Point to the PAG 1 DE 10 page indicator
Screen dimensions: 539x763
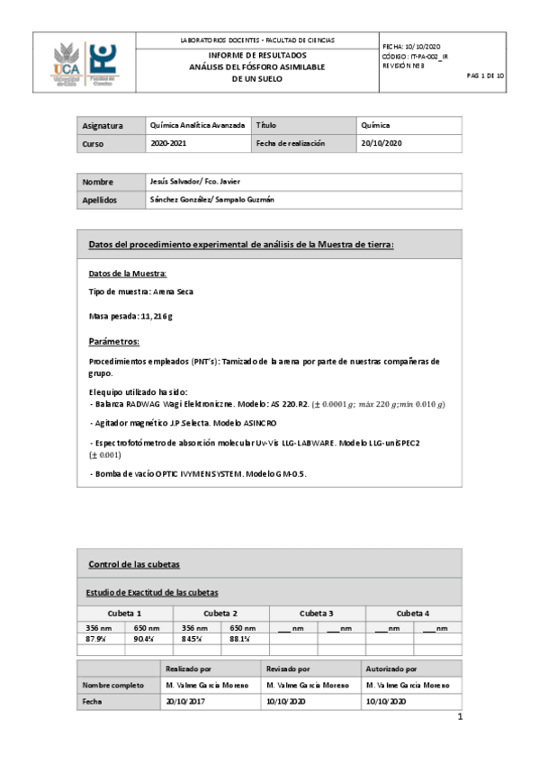[x=486, y=76]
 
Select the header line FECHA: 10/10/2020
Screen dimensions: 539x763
[x=411, y=45]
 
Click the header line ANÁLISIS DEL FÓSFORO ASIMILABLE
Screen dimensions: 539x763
[x=256, y=67]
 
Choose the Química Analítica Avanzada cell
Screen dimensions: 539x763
[x=198, y=126]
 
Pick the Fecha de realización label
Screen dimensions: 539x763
[x=290, y=143]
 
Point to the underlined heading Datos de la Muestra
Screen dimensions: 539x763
[x=127, y=273]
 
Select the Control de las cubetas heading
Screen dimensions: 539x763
[x=133, y=564]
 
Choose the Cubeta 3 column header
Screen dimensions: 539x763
[x=317, y=612]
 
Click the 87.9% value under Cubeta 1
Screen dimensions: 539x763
[x=98, y=638]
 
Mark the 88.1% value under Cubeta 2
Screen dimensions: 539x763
[x=243, y=638]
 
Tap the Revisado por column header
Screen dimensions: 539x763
[x=288, y=669]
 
